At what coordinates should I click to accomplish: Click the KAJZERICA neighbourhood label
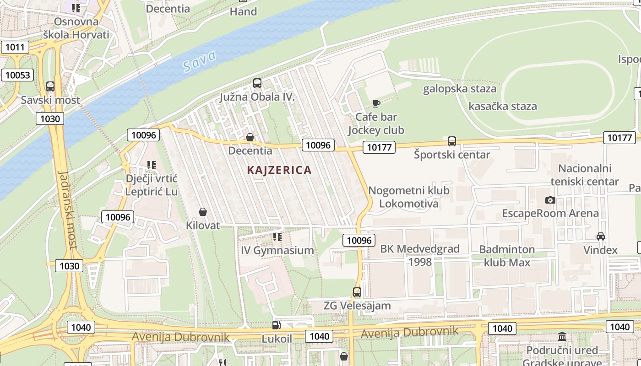(x=279, y=170)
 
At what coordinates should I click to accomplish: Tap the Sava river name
(x=200, y=62)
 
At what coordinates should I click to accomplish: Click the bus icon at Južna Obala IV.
(x=257, y=83)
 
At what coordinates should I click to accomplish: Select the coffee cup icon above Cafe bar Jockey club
(x=376, y=103)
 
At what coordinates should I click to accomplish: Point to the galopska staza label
(x=459, y=89)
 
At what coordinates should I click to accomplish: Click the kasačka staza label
(x=502, y=106)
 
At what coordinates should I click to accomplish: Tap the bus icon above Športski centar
(x=452, y=141)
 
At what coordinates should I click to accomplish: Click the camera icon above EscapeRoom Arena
(x=550, y=200)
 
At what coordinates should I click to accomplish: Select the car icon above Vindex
(x=600, y=237)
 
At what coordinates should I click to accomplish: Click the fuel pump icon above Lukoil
(x=276, y=325)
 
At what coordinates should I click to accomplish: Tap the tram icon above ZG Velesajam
(x=357, y=292)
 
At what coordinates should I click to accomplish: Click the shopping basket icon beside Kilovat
(x=203, y=212)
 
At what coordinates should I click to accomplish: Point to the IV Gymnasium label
(x=277, y=250)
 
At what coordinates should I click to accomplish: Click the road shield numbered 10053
(x=17, y=75)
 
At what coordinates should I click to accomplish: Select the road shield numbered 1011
(x=15, y=47)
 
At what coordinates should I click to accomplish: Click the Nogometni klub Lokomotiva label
(x=409, y=197)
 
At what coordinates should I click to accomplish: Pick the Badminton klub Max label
(x=507, y=256)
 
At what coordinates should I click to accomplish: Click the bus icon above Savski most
(x=50, y=86)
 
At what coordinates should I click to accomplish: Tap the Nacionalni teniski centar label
(x=585, y=175)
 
